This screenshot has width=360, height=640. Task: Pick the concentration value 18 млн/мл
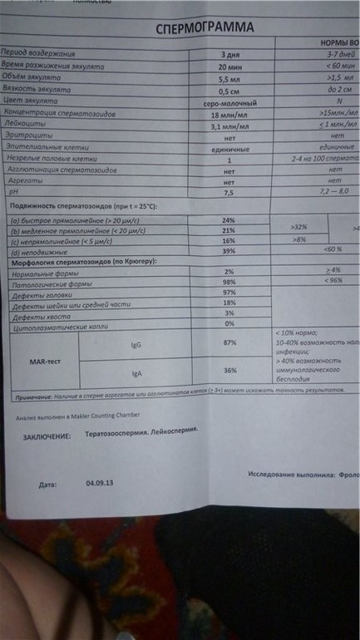[x=228, y=114]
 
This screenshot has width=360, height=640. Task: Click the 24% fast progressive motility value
[x=229, y=220]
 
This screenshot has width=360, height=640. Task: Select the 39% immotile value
[x=229, y=251]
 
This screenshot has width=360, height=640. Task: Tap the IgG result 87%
[x=230, y=342]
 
